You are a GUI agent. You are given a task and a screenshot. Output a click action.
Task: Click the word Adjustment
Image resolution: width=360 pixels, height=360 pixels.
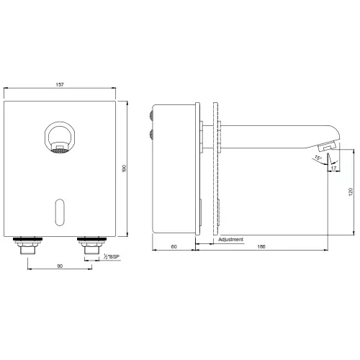(230, 239)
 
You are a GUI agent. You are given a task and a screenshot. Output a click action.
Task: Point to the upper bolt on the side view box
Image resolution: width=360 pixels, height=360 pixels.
(150, 113)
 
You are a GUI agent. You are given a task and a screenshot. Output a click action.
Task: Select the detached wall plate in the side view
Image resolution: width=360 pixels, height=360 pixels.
(214, 169)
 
